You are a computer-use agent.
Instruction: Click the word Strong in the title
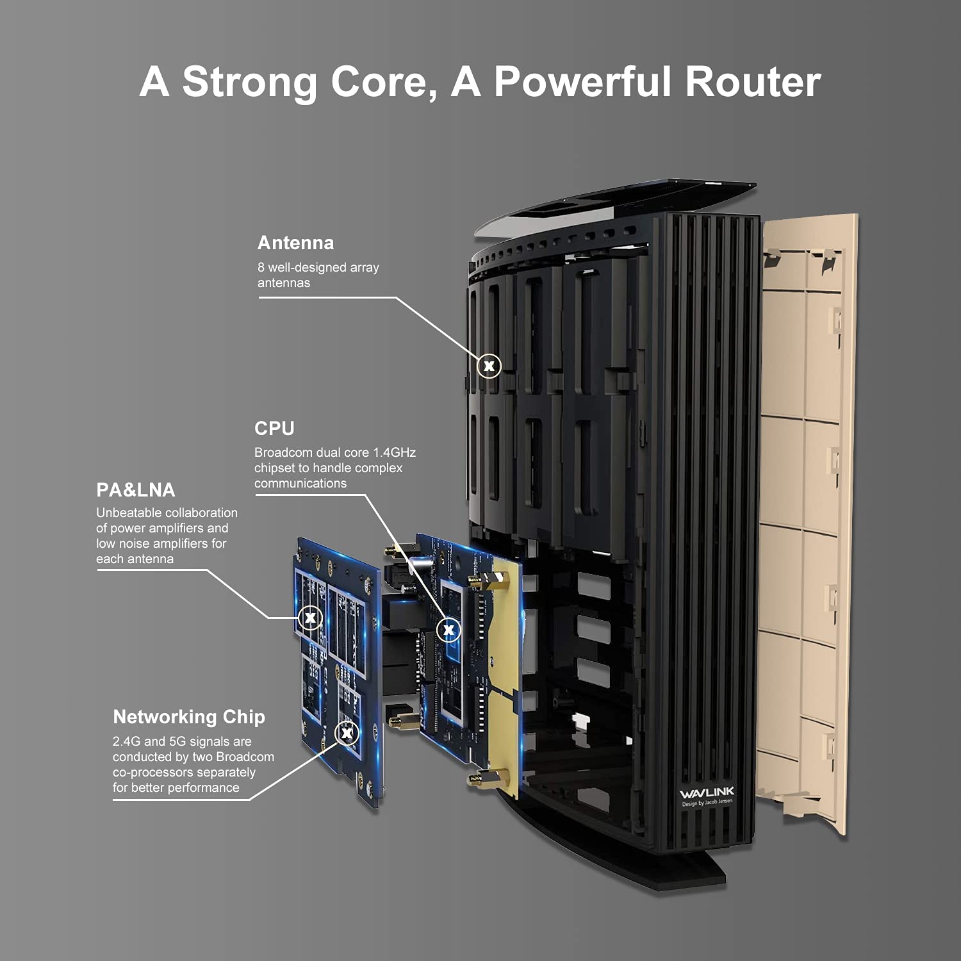click(249, 83)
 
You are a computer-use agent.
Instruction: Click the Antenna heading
click(295, 243)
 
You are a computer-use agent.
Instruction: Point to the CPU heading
click(274, 428)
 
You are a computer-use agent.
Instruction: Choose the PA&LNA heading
click(135, 490)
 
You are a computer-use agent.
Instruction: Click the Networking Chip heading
click(189, 717)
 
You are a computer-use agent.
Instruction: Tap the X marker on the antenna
click(489, 366)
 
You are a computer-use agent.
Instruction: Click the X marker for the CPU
click(448, 630)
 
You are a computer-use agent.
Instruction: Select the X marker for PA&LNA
click(310, 618)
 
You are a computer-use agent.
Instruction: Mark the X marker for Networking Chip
click(347, 732)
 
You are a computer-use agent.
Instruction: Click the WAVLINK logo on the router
click(707, 793)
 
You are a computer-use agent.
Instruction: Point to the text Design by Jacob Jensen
click(707, 803)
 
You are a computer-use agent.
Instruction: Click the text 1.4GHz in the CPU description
click(394, 452)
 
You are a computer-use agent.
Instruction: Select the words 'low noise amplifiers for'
click(161, 543)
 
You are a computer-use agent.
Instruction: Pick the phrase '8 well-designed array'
click(318, 267)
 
